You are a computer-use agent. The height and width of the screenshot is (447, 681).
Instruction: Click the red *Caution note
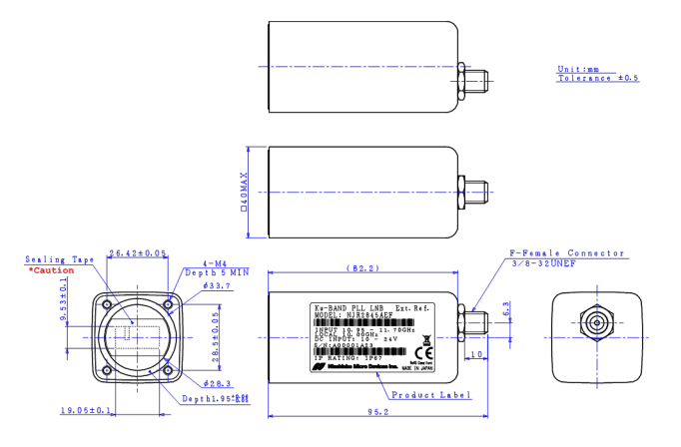[x=45, y=270]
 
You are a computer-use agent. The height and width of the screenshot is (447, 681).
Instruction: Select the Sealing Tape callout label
[x=60, y=259]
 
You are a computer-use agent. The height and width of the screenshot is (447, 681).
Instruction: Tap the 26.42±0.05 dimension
[x=138, y=253]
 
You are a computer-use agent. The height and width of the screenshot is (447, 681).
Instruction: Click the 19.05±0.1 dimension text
[x=85, y=410]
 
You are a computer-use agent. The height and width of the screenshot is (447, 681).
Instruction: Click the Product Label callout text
[x=418, y=395]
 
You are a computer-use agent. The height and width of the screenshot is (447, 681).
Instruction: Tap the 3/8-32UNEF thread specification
[x=545, y=263]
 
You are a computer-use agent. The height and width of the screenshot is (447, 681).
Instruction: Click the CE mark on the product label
[x=422, y=352]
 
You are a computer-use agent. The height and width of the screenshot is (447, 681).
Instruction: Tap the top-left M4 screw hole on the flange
[x=106, y=298]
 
